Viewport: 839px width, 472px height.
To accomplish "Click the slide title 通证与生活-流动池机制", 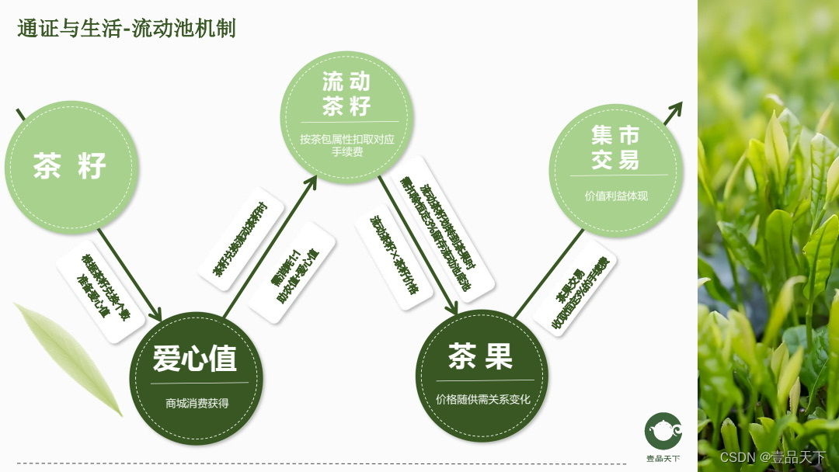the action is [x=127, y=29].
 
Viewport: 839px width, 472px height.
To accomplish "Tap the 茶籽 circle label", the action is [x=70, y=166].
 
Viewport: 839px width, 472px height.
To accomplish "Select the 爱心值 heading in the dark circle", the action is [x=194, y=359].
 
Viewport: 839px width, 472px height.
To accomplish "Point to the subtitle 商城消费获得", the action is [x=197, y=404].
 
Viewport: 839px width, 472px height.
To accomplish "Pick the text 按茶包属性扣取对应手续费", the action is [x=347, y=146].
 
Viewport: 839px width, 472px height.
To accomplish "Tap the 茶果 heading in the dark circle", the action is [x=481, y=356].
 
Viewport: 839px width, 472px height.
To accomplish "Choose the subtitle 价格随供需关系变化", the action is [x=482, y=399].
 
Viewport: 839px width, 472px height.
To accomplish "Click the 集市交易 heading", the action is [x=615, y=148].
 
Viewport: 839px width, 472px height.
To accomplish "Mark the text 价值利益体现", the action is [x=616, y=196].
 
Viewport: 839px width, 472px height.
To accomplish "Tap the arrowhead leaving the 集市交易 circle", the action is [x=674, y=110].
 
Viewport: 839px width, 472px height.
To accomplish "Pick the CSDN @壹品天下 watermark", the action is [x=772, y=456].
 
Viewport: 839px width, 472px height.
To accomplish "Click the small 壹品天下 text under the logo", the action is [x=663, y=459].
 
